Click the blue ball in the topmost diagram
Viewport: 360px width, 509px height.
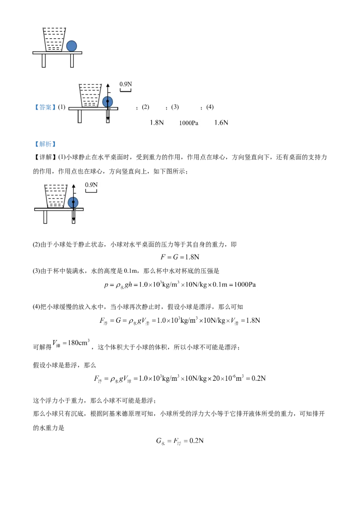pos(72,46)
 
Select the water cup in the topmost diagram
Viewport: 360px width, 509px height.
pos(54,40)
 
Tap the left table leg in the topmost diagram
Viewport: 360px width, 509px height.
pos(44,61)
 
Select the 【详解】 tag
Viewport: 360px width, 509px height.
pos(45,157)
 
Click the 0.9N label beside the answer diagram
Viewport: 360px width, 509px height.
pos(126,84)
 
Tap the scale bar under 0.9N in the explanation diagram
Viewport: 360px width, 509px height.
pos(91,191)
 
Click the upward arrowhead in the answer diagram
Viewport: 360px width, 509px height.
pos(108,85)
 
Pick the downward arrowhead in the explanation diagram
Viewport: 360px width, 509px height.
pos(74,221)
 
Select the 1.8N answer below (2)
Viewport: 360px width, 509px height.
pos(157,123)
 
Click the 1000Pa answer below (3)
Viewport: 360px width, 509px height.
pos(189,123)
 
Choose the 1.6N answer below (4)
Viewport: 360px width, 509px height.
pos(221,123)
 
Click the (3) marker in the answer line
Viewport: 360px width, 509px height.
pos(175,107)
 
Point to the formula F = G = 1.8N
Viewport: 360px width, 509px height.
pos(180,257)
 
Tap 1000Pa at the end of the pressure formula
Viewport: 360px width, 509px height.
pos(245,285)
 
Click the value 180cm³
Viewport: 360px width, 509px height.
pos(79,343)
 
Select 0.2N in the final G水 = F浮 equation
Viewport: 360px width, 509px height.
pos(197,441)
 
